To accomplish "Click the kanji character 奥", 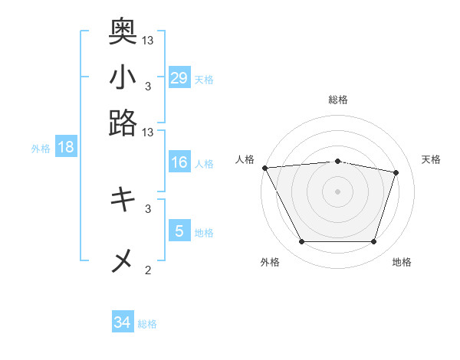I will tap(123, 31).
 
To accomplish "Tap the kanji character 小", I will tap(123, 77).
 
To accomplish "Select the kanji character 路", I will tap(123, 123).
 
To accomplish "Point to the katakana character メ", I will tap(123, 261).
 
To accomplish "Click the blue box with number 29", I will tap(179, 77).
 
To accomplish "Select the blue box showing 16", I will tap(179, 162).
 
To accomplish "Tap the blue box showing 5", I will tap(179, 231).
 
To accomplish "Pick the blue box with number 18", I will tap(66, 147).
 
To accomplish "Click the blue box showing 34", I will tap(123, 322).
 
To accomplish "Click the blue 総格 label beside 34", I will tap(147, 324).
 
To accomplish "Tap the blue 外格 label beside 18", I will tap(41, 149).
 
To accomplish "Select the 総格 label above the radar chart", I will tap(338, 100).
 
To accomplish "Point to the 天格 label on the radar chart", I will tap(432, 159).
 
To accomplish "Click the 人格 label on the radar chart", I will tap(245, 159).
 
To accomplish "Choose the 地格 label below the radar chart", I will tap(402, 262).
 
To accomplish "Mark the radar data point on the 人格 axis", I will tap(264, 168).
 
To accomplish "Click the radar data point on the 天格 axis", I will tap(396, 172).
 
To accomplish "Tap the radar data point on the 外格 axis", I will tap(301, 242).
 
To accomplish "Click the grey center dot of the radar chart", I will tap(338, 191).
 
